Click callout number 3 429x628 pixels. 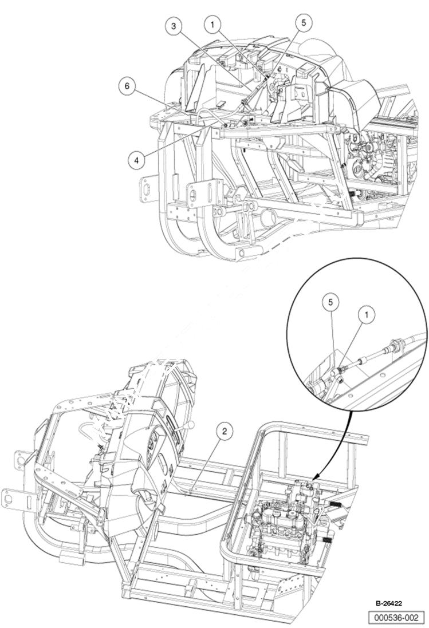[x=175, y=26]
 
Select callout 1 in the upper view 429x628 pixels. [x=212, y=24]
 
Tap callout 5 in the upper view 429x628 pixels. [x=302, y=22]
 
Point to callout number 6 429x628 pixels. [x=127, y=86]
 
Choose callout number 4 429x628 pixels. [x=136, y=161]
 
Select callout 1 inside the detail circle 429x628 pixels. [x=363, y=314]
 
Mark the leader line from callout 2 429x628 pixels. [x=206, y=463]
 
